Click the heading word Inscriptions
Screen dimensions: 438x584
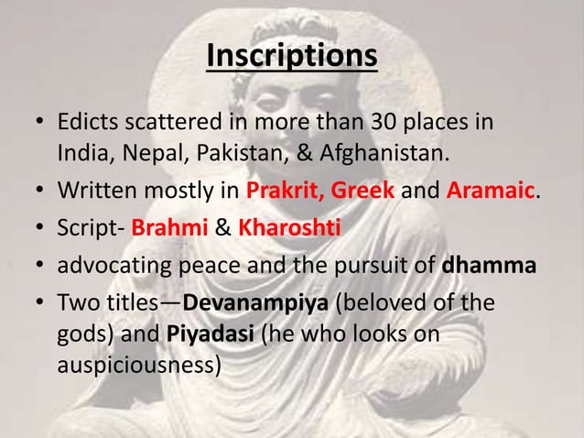(291, 54)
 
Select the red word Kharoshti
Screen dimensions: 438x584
(289, 227)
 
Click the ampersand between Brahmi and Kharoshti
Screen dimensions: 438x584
(222, 227)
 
